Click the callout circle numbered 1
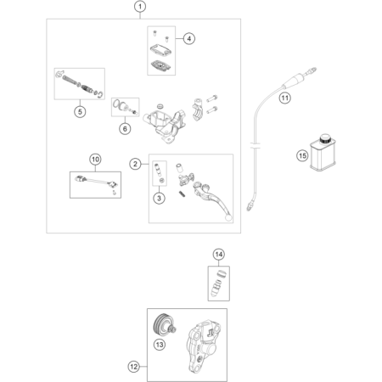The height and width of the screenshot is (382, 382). click(140, 7)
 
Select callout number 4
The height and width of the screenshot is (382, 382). click(189, 38)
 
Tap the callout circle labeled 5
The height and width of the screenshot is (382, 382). click(80, 112)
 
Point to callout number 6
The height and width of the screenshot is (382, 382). click(125, 129)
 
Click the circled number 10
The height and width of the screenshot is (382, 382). click(95, 160)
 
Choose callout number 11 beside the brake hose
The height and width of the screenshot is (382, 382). click(285, 98)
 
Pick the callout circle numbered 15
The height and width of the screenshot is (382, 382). click(302, 155)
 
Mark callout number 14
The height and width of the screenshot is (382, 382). click(219, 255)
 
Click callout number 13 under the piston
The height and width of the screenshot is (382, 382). click(160, 345)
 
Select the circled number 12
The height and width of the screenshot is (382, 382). click(133, 367)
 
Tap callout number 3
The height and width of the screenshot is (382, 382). click(159, 198)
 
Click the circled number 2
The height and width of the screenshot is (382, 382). click(135, 164)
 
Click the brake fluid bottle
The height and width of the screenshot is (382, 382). click(323, 153)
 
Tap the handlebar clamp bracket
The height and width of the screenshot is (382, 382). click(198, 110)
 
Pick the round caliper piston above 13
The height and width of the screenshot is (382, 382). click(163, 325)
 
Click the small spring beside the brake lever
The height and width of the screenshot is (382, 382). click(183, 194)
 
